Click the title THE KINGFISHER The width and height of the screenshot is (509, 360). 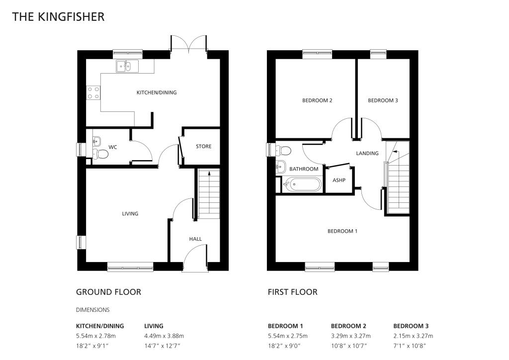[x=58, y=17]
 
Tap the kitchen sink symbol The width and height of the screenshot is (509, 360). [x=127, y=66]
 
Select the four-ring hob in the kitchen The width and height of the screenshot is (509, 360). [x=93, y=92]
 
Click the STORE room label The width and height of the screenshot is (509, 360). [x=203, y=146]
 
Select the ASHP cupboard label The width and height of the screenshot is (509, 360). [x=339, y=180]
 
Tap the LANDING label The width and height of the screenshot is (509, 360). [x=367, y=153]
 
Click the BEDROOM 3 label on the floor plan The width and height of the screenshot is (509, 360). [x=383, y=100]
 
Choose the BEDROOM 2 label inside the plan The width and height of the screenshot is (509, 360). [x=317, y=100]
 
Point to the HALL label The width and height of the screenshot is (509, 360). [x=195, y=239]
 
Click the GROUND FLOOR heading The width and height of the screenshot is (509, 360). [x=108, y=292]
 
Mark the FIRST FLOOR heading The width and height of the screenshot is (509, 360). [x=292, y=292]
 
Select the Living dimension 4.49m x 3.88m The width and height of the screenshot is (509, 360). [x=164, y=336]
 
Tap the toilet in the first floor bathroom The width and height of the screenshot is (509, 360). [x=284, y=150]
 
